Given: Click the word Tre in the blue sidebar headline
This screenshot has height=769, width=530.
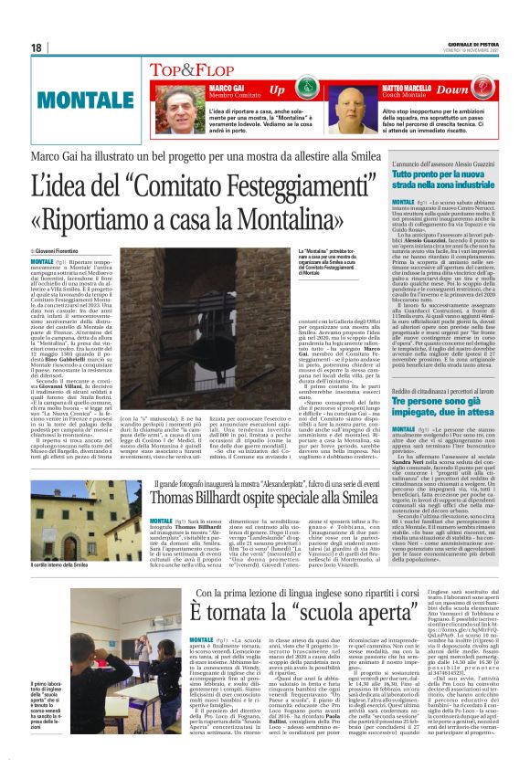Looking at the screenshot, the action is (401, 400).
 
